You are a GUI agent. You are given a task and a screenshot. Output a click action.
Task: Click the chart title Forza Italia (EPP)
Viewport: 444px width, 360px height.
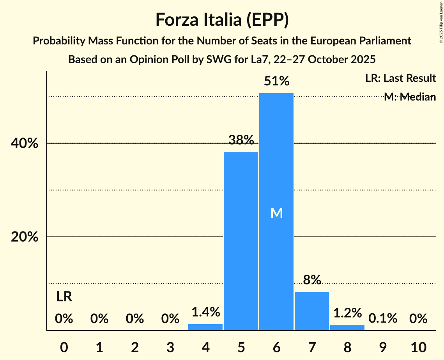tap(222, 19)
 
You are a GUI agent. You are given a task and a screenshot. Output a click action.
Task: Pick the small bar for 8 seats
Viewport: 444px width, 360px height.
tap(347, 327)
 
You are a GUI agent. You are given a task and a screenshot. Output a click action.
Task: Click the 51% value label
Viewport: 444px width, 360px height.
tap(276, 81)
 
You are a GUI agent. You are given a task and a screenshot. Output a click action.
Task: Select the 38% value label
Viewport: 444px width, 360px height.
tap(241, 140)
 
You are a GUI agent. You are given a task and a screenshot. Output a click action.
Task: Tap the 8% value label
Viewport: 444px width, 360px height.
tap(312, 280)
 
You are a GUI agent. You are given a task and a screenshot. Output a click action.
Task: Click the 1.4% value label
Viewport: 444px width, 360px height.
tap(205, 312)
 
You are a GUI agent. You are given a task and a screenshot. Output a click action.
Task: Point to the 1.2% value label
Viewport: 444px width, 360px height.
tap(347, 313)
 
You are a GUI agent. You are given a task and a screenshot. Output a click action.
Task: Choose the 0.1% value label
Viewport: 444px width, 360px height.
tap(383, 319)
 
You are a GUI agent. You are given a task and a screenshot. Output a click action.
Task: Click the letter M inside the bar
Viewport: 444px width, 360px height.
tap(276, 213)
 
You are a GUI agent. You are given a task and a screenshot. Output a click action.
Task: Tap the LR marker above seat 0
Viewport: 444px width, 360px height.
tap(64, 297)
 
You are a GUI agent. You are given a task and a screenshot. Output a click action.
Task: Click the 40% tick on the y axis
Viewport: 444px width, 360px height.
tap(25, 143)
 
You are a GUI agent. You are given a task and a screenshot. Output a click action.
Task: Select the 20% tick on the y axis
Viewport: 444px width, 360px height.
tap(25, 237)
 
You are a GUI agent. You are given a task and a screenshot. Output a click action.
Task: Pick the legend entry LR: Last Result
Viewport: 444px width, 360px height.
tap(400, 78)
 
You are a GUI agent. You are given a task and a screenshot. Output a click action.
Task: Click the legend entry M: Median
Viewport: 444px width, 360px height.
tap(409, 97)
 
